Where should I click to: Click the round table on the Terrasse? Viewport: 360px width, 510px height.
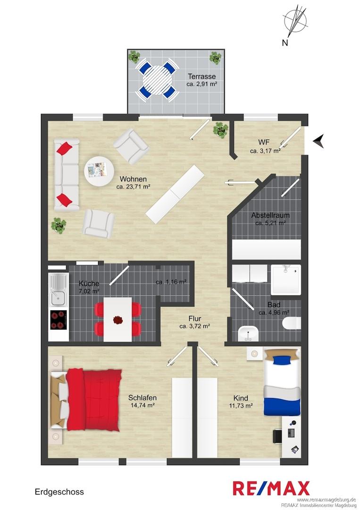point(157,80)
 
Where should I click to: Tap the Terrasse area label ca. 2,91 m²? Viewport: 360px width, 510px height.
point(201,84)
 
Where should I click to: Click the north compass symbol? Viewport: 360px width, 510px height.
point(295,22)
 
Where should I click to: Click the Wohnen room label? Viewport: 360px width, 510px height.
point(133,179)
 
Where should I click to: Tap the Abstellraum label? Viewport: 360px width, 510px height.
point(270,215)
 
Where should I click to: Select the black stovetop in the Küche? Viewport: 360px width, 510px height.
point(59,320)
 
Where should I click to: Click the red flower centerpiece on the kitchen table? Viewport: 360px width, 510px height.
point(118,319)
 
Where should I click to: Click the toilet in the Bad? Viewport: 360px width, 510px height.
point(292,324)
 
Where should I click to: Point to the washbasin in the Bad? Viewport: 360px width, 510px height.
point(248,334)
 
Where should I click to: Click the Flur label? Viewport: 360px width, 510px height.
point(194,319)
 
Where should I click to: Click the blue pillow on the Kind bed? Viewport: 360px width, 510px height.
point(282,360)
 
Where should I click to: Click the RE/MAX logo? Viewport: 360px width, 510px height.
point(271,488)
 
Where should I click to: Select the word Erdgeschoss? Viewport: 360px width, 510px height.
point(59,492)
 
